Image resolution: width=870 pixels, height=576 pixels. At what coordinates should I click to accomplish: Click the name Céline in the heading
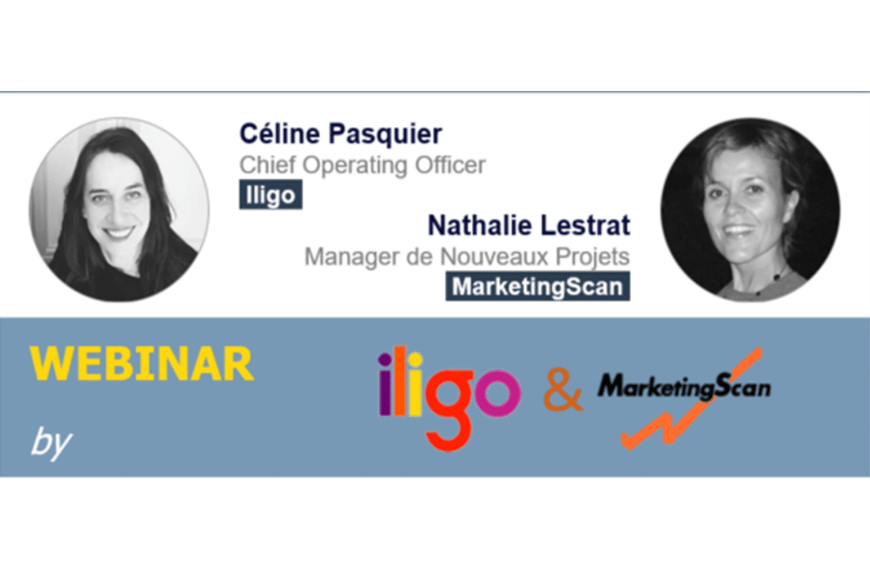pos(280,134)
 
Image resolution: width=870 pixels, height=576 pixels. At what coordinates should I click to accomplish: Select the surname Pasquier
pos(385,135)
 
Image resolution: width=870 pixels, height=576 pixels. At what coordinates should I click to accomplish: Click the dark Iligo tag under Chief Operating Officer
pos(270,195)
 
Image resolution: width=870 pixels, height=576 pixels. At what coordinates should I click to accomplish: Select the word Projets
pos(592,257)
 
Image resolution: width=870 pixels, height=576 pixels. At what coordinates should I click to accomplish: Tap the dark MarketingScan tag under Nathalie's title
pos(538,286)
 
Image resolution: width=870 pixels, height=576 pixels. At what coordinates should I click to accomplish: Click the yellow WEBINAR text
pos(142,364)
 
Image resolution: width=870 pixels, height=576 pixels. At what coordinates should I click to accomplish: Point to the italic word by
pos(51,443)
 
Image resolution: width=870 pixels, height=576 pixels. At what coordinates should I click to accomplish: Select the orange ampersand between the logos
pos(562,391)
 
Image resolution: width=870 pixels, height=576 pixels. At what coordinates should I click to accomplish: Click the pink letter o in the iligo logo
pos(497,392)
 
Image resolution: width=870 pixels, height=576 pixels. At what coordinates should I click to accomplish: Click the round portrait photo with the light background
pos(119,209)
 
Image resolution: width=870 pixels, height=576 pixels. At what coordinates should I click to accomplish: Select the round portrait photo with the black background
pos(750,209)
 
